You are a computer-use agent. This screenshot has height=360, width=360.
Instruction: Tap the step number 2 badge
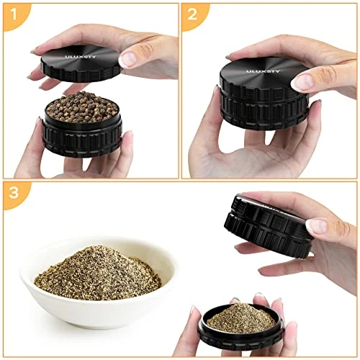193,15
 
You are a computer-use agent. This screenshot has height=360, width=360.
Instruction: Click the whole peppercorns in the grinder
82,107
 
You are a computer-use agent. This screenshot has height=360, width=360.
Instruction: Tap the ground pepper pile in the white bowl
98,273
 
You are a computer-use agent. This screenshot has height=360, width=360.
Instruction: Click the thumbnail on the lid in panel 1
128,59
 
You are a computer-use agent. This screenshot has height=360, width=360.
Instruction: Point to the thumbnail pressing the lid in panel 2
303,81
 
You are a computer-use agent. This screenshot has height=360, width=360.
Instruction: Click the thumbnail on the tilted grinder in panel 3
316,226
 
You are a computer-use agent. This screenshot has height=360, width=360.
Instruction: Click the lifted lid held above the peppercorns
81,64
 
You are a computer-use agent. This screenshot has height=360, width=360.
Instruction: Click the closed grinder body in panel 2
264,94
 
